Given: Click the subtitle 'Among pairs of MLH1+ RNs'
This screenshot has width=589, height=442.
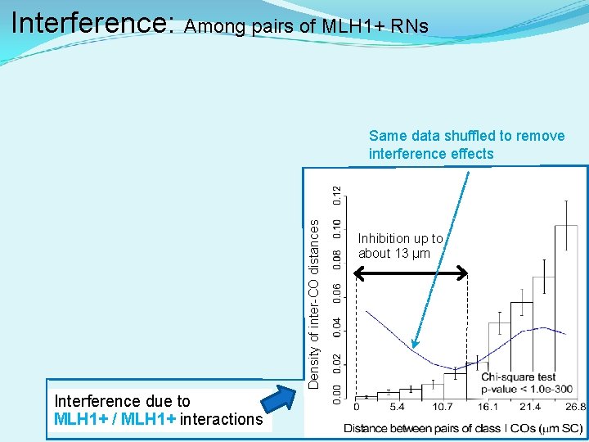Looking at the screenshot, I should (x=306, y=26).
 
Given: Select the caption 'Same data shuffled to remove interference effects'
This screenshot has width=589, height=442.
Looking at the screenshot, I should (x=466, y=145).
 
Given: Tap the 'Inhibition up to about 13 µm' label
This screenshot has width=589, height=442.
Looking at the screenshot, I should (x=400, y=246).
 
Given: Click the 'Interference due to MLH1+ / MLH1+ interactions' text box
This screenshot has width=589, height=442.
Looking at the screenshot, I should (x=158, y=410).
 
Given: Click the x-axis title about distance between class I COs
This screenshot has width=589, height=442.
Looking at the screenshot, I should (x=462, y=428).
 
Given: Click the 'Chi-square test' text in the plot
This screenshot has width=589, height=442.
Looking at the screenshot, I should (x=518, y=377).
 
